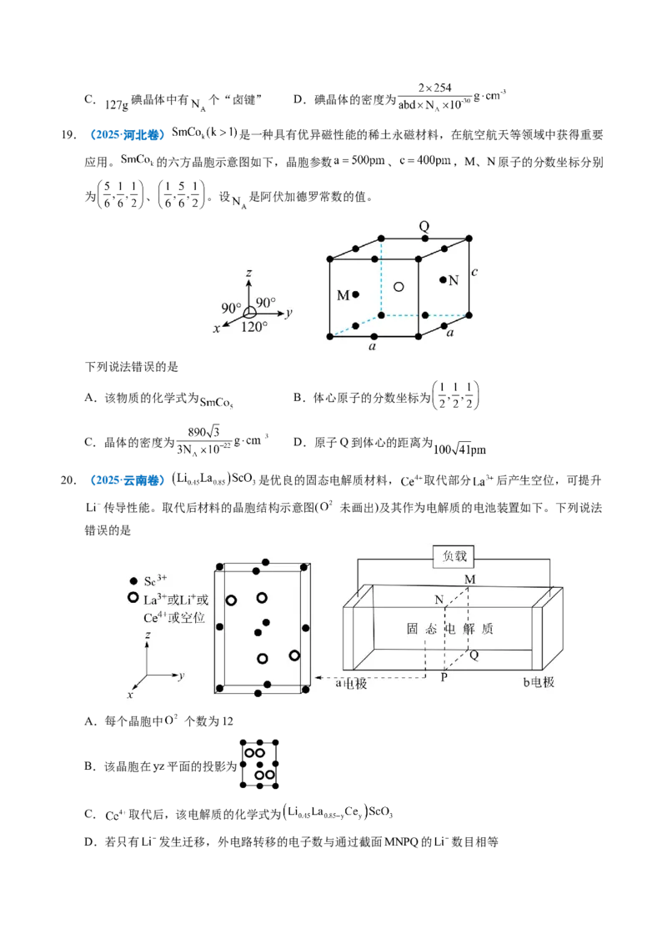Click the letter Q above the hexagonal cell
(x=424, y=226)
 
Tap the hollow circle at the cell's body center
(x=399, y=287)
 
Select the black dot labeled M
(x=356, y=294)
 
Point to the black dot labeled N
(x=443, y=279)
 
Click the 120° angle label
(x=254, y=327)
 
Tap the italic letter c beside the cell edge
(x=474, y=272)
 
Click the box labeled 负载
(x=454, y=556)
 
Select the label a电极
(x=351, y=683)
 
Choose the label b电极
(x=539, y=682)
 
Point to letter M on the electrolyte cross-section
(x=470, y=580)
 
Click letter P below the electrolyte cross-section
(x=444, y=677)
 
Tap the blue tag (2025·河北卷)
(x=127, y=135)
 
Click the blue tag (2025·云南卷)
(x=127, y=480)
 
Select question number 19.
(x=68, y=135)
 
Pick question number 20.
(x=68, y=480)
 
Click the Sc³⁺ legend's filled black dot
(x=133, y=581)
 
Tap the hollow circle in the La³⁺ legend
(x=133, y=597)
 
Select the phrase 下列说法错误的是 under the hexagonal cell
(x=132, y=367)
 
